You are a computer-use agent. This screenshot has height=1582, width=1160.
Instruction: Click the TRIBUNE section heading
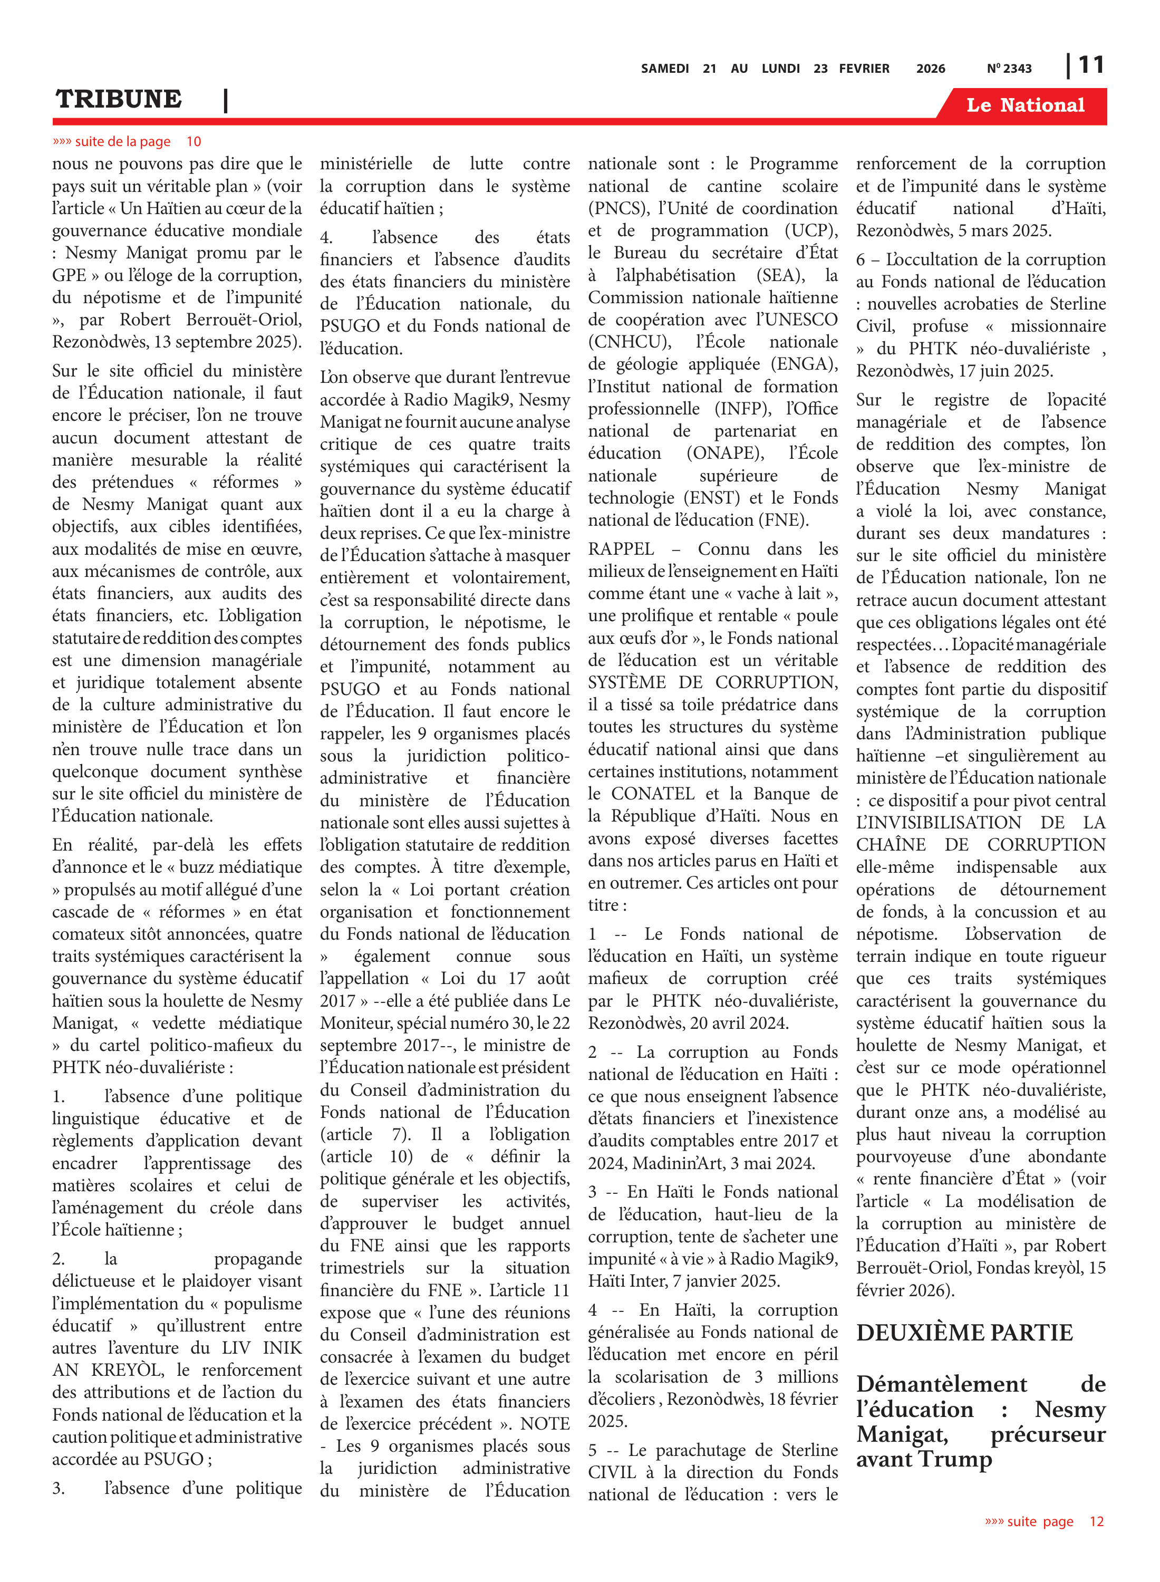click(x=119, y=99)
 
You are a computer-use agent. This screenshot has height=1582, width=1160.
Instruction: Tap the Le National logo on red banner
click(x=1024, y=105)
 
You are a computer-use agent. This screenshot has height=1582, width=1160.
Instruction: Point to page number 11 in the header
click(x=1091, y=65)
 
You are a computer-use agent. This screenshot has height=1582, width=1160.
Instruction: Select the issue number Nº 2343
click(x=1009, y=68)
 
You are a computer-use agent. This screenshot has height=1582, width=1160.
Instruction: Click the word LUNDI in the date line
click(x=781, y=68)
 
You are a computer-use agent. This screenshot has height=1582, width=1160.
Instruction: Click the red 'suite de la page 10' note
click(x=127, y=141)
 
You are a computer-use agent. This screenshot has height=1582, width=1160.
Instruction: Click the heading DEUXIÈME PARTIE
click(x=964, y=1332)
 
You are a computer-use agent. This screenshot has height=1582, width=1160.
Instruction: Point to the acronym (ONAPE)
click(x=726, y=453)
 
